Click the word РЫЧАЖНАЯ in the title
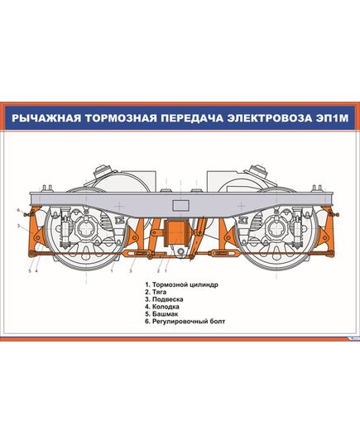coord(48,117)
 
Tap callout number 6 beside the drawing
coord(18,209)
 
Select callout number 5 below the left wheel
coord(30,270)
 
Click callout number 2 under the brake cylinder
coord(158,270)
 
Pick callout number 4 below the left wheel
coord(36,270)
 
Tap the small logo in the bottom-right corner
coord(351,338)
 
